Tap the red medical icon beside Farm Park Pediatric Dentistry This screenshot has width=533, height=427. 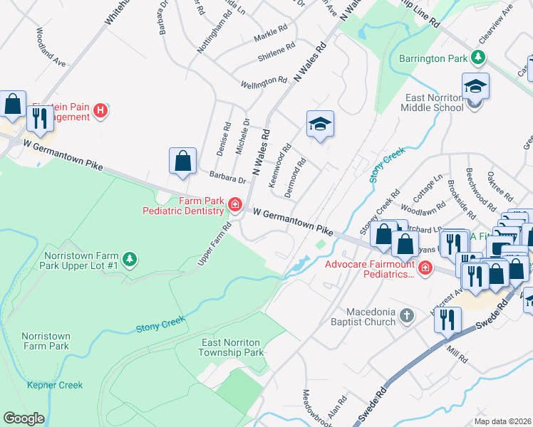click(234, 206)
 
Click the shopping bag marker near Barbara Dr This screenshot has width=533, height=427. click(183, 161)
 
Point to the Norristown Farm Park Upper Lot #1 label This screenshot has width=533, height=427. click(81, 260)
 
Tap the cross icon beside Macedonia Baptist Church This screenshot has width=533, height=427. click(406, 315)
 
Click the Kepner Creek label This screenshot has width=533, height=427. click(55, 385)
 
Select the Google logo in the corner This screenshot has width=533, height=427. click(24, 418)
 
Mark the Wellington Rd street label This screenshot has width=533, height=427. click(263, 83)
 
